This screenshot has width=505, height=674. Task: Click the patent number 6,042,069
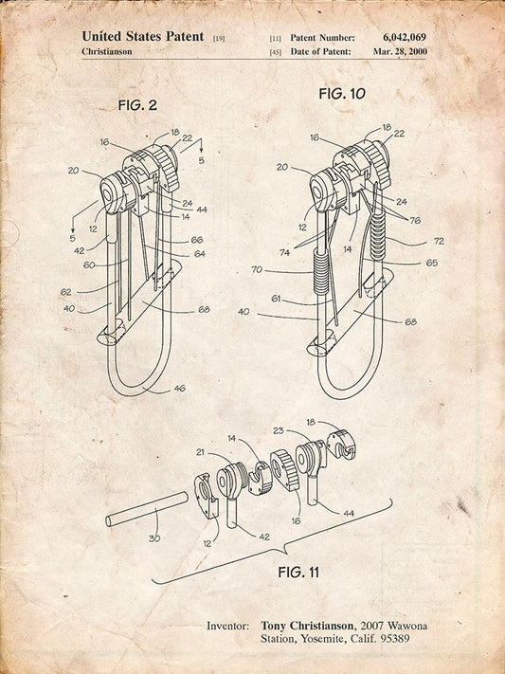pyautogui.click(x=404, y=37)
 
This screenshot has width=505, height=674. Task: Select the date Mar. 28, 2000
pyautogui.click(x=400, y=51)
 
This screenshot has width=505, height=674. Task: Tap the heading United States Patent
pyautogui.click(x=143, y=37)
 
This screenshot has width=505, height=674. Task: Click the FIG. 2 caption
pyautogui.click(x=137, y=105)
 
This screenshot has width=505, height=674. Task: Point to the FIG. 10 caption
pyautogui.click(x=342, y=93)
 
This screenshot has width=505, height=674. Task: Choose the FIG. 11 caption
pyautogui.click(x=298, y=573)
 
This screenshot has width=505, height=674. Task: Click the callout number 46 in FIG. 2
pyautogui.click(x=179, y=388)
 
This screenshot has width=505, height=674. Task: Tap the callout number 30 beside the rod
pyautogui.click(x=154, y=538)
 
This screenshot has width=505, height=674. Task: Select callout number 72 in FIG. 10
pyautogui.click(x=439, y=241)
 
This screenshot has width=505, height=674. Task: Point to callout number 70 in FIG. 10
pyautogui.click(x=257, y=270)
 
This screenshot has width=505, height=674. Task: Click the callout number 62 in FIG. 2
pyautogui.click(x=65, y=292)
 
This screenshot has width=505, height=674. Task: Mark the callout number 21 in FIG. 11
pyautogui.click(x=201, y=452)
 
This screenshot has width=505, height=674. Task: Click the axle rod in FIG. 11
pyautogui.click(x=147, y=509)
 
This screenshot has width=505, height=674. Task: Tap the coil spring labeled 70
pyautogui.click(x=322, y=271)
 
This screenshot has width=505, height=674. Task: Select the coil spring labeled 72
pyautogui.click(x=378, y=236)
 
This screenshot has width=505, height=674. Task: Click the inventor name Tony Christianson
pyautogui.click(x=308, y=626)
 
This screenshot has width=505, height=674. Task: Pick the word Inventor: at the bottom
pyautogui.click(x=227, y=626)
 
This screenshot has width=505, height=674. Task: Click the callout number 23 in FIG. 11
pyautogui.click(x=279, y=430)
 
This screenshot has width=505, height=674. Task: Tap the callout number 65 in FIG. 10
pyautogui.click(x=431, y=263)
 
